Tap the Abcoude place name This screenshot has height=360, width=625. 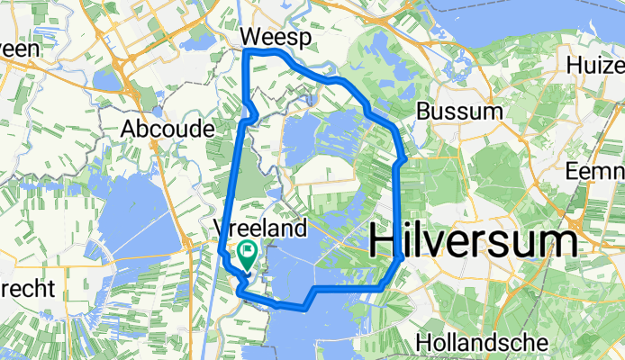(x=167, y=129)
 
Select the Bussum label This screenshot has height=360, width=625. (x=459, y=112)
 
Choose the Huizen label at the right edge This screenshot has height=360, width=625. (x=596, y=66)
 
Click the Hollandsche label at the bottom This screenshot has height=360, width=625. (x=483, y=343)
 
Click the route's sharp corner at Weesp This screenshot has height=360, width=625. (x=246, y=51)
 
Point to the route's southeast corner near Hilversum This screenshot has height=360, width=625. (x=400, y=258)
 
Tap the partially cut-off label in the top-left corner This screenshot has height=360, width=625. (x=20, y=49)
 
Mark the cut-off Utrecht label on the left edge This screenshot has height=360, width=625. (x=27, y=290)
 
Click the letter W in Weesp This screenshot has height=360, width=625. (x=253, y=37)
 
